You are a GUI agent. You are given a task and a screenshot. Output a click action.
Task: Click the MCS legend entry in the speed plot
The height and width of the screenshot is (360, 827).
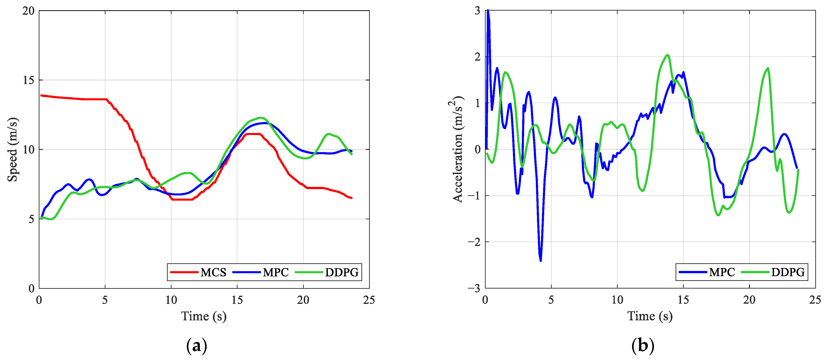pos(213,272)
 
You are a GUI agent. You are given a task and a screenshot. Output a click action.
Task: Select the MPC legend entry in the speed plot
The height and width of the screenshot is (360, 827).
pos(275,272)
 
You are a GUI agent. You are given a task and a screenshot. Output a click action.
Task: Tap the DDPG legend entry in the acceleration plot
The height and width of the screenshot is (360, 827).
pos(788,272)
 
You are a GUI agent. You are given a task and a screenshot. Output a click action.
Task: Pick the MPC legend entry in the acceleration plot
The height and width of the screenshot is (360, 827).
pos(722,272)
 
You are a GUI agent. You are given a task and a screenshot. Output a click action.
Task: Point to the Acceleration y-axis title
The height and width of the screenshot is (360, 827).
pos(457,149)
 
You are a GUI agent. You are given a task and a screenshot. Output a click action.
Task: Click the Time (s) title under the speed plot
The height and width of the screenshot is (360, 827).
pos(204,316)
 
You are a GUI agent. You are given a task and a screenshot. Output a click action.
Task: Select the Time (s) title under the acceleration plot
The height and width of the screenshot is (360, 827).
pos(650,316)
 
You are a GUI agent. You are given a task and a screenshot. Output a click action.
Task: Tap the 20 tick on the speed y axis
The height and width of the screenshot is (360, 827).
pos(28,11)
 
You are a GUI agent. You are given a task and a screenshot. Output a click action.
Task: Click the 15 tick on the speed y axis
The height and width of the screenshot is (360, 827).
pos(28,80)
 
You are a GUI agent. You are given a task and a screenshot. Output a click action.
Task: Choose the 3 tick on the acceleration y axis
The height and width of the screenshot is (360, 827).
pos(477,11)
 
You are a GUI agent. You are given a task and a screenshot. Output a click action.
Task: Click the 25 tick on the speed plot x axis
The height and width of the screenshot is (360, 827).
pos(369,300)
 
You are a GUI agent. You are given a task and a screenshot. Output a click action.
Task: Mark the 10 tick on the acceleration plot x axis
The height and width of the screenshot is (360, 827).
pos(617,300)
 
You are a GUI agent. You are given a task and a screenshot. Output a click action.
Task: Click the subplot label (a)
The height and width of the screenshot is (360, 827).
pos(196,346)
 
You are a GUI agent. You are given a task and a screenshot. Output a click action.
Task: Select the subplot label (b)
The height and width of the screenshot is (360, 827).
pos(642,346)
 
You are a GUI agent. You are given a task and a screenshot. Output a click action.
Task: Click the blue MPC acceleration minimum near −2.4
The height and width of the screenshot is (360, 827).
pos(541,260)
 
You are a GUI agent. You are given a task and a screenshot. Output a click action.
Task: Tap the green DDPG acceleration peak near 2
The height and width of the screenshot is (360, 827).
pos(668,55)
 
